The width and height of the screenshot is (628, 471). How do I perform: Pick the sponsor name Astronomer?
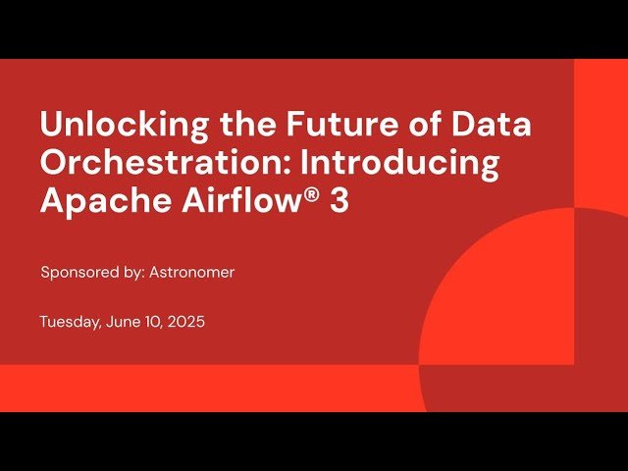click(191, 273)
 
